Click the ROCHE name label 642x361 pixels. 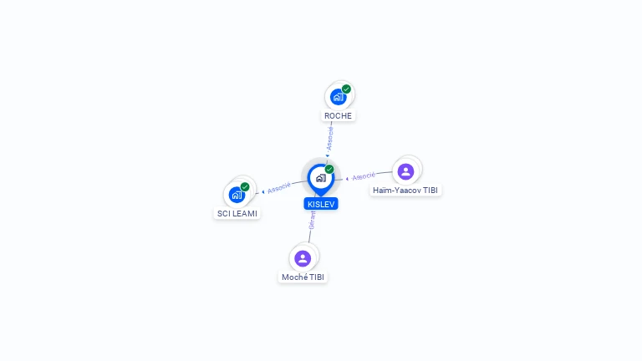pyautogui.click(x=338, y=116)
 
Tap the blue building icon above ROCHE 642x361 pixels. pyautogui.click(x=338, y=98)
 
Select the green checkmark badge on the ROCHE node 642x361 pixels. pyautogui.click(x=346, y=89)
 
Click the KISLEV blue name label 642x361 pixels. pyautogui.click(x=321, y=204)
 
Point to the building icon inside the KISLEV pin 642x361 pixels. pyautogui.click(x=321, y=178)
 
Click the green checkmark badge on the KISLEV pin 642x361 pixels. pyautogui.click(x=329, y=169)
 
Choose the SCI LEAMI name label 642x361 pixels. pyautogui.click(x=237, y=214)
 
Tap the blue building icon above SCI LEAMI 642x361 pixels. pyautogui.click(x=237, y=195)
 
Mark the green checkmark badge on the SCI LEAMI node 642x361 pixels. pyautogui.click(x=245, y=187)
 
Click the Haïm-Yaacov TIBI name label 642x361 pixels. pyautogui.click(x=405, y=191)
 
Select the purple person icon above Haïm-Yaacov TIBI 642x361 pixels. pyautogui.click(x=405, y=171)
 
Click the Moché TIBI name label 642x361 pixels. pyautogui.click(x=303, y=277)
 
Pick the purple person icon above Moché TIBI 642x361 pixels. pyautogui.click(x=303, y=258)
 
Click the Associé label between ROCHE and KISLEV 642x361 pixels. pyautogui.click(x=329, y=139)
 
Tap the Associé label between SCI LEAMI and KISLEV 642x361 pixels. pyautogui.click(x=279, y=188)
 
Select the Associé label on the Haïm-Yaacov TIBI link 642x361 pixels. pyautogui.click(x=364, y=176)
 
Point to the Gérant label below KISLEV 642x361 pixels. pyautogui.click(x=312, y=221)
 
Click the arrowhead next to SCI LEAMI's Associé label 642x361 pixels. pyautogui.click(x=263, y=191)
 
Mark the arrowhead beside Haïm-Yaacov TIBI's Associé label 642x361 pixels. pyautogui.click(x=347, y=179)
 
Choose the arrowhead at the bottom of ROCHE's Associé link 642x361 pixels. pyautogui.click(x=328, y=155)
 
